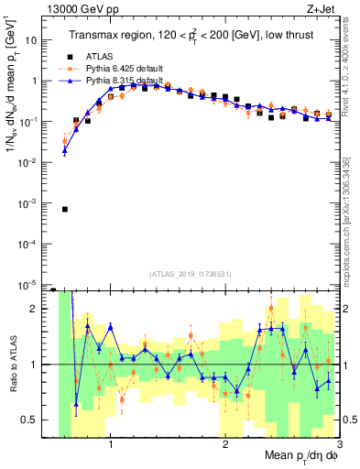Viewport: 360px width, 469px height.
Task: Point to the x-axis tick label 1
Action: (111, 446)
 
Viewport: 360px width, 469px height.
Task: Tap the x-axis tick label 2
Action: (225, 446)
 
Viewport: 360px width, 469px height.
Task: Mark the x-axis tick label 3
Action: (338, 446)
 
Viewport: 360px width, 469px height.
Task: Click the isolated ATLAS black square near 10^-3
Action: (64, 209)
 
